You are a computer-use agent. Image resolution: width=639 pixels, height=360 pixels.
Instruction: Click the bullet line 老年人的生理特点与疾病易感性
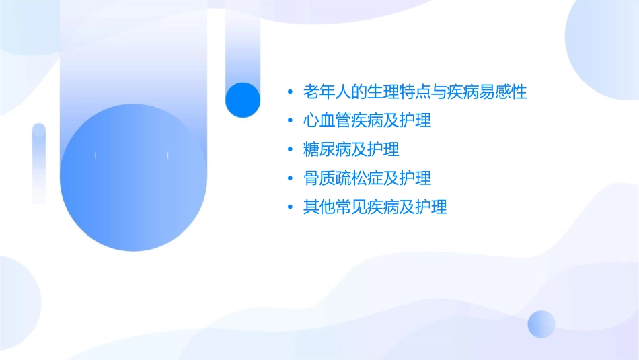click(x=415, y=92)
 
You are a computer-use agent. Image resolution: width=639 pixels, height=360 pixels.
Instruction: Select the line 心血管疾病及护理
click(x=367, y=121)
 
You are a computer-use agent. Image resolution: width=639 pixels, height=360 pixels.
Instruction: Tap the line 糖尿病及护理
click(x=351, y=149)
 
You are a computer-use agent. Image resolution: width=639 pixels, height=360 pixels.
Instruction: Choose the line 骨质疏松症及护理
click(x=367, y=178)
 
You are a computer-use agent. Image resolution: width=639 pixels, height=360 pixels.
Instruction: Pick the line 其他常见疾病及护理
click(x=375, y=207)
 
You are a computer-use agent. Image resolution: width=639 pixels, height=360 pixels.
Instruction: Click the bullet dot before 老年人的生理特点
click(x=289, y=92)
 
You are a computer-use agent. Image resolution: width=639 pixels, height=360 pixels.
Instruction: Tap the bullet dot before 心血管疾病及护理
click(x=289, y=121)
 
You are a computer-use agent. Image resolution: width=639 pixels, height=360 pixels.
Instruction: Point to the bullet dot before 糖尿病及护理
click(x=289, y=149)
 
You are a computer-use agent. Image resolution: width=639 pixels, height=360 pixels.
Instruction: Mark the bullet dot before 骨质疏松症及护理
click(x=289, y=178)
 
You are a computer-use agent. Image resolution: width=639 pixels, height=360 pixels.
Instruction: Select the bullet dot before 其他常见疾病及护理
click(x=289, y=207)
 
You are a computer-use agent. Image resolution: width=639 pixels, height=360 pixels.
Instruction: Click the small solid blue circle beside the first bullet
click(x=243, y=100)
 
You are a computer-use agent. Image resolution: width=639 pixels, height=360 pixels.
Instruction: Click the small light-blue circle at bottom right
click(x=541, y=324)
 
